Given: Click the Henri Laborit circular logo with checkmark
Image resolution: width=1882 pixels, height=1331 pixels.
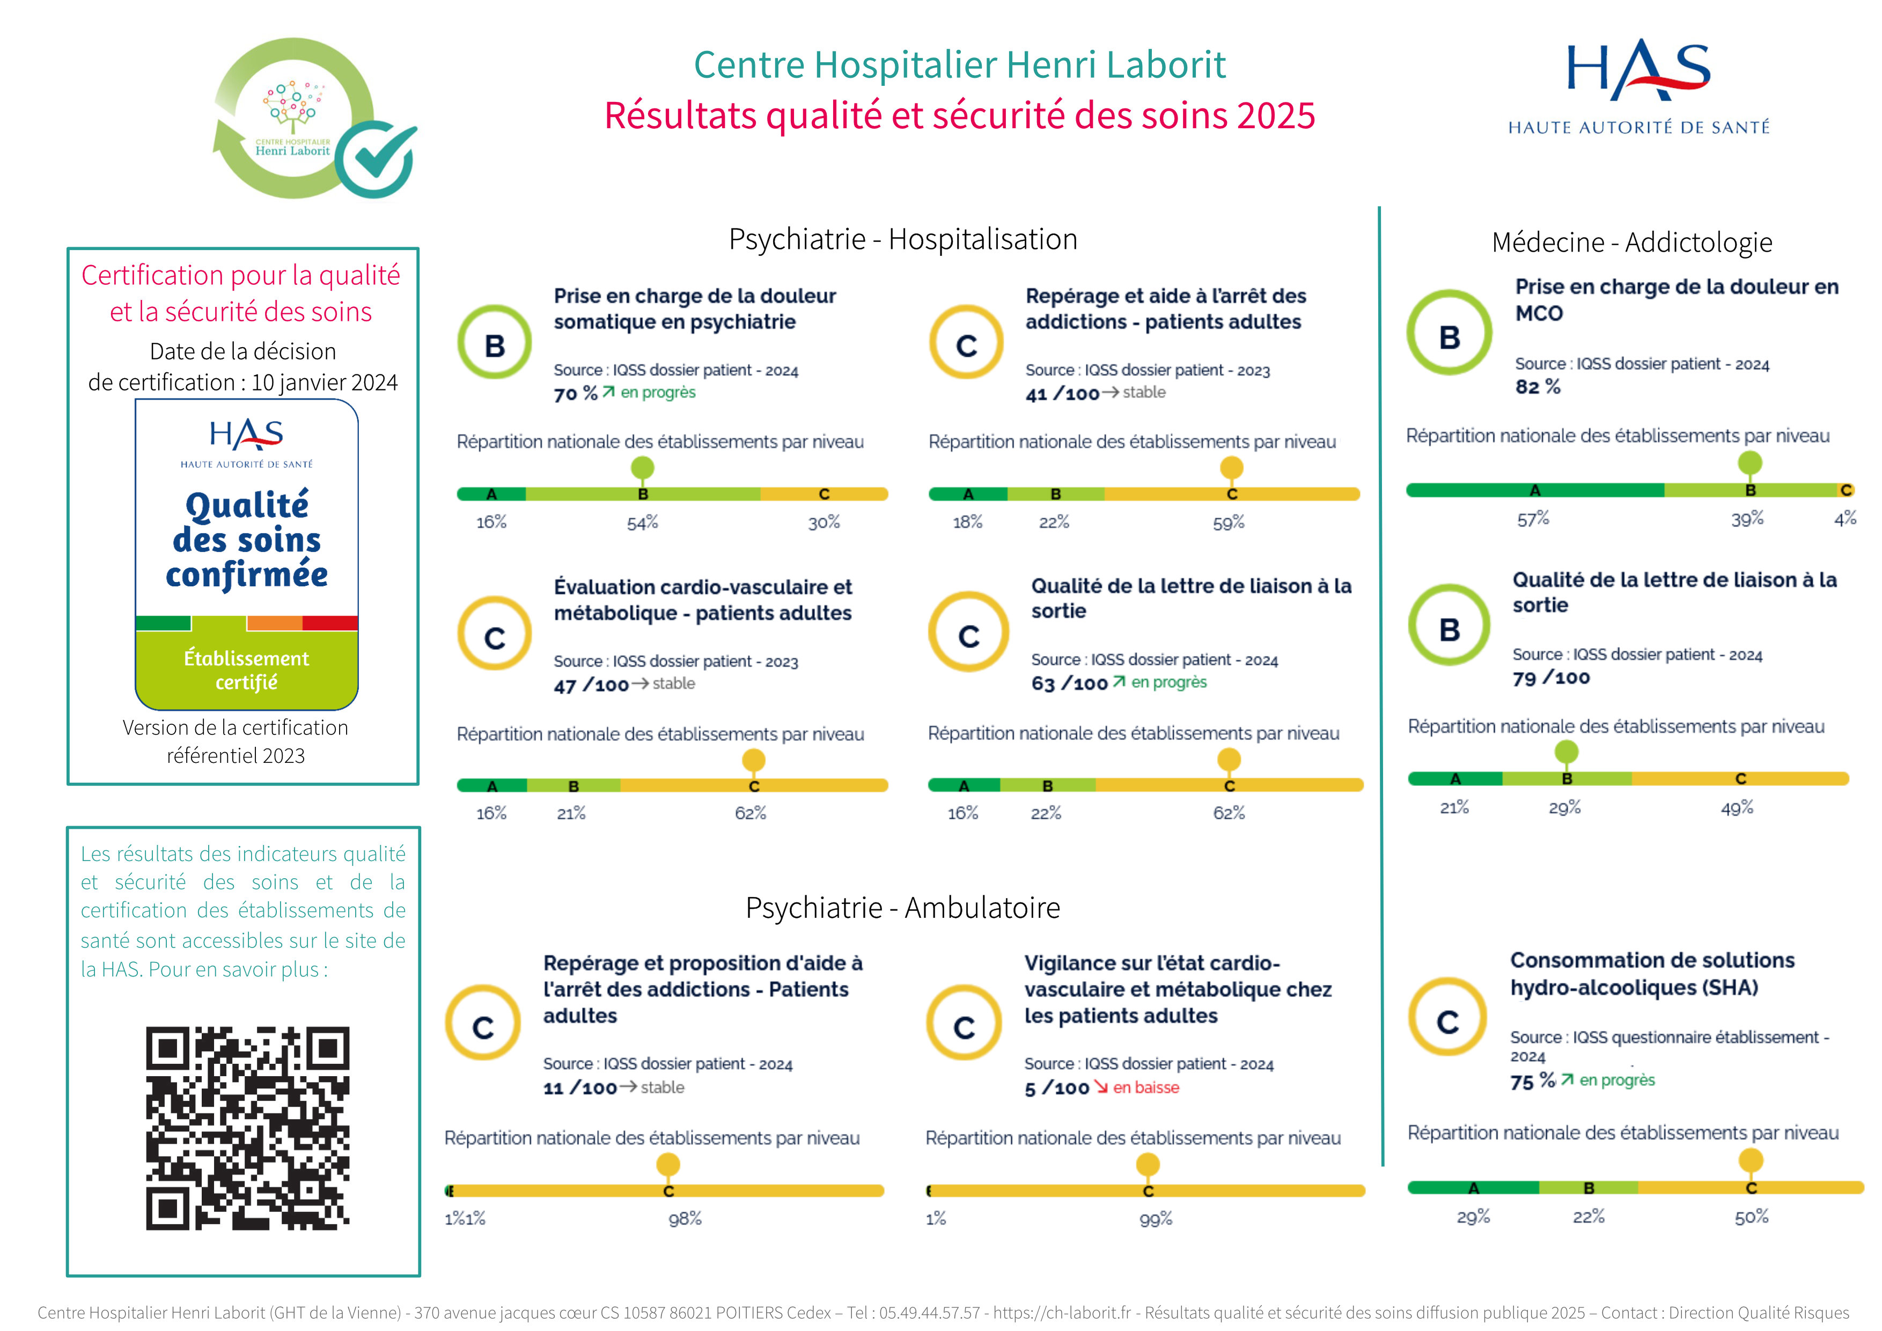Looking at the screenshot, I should tap(314, 119).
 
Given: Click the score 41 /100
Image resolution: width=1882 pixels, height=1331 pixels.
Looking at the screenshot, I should tap(1062, 394).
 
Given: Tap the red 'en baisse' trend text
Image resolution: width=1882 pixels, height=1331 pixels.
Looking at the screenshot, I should tap(1146, 1087).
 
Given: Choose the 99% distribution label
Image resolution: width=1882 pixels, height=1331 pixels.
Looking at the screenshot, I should tap(1155, 1219).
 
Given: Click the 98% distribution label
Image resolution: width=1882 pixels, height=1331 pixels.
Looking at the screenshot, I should tap(685, 1219).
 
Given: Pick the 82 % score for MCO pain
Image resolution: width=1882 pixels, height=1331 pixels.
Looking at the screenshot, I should tap(1537, 387).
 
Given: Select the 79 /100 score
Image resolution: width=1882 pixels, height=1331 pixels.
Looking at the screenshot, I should tap(1551, 678).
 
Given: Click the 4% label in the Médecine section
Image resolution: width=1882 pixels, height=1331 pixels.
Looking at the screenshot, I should tap(1845, 519).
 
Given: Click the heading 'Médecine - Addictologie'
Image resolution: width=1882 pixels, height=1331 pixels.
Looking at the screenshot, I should tap(1631, 242).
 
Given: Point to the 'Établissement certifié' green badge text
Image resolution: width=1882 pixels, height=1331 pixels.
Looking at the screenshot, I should tap(247, 671).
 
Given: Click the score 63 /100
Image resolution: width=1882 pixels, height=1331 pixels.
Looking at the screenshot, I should tap(1069, 683).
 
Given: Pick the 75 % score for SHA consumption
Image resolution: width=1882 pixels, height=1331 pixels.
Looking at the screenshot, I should tap(1532, 1082).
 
